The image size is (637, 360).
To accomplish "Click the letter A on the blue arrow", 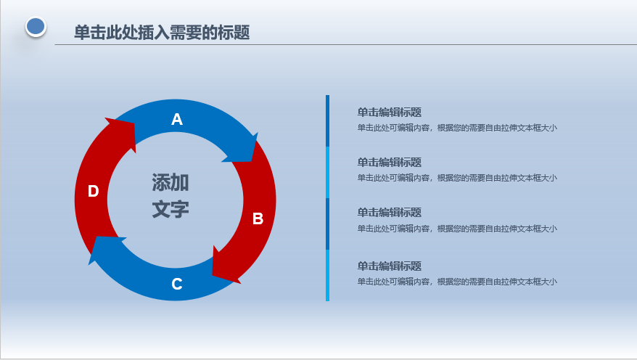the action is coord(177,120).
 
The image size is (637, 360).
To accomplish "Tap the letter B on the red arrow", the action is coord(258,218).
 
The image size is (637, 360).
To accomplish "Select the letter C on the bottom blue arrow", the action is coord(177,284).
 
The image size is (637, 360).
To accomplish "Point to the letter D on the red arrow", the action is coord(94,191).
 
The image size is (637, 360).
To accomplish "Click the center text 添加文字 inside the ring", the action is coord(170,196).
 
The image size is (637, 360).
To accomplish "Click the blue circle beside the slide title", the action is coord(36,27).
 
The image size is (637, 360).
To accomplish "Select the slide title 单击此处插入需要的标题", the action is coord(162,33).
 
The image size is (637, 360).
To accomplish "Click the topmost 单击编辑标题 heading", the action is coord(389,112).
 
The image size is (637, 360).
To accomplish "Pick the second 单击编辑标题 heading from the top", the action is coord(389,163).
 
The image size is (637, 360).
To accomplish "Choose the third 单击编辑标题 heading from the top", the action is coord(389,213).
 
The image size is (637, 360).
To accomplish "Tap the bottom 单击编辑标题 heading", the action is coord(389,266).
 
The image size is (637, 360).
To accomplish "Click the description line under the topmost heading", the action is coord(457,128).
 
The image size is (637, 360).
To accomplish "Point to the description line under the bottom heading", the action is coord(457,282).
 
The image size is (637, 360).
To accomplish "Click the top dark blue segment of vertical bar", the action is coord(327,120).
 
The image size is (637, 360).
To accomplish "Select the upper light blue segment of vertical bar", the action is coord(327,172).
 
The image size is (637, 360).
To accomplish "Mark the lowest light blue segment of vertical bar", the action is coord(327,276).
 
